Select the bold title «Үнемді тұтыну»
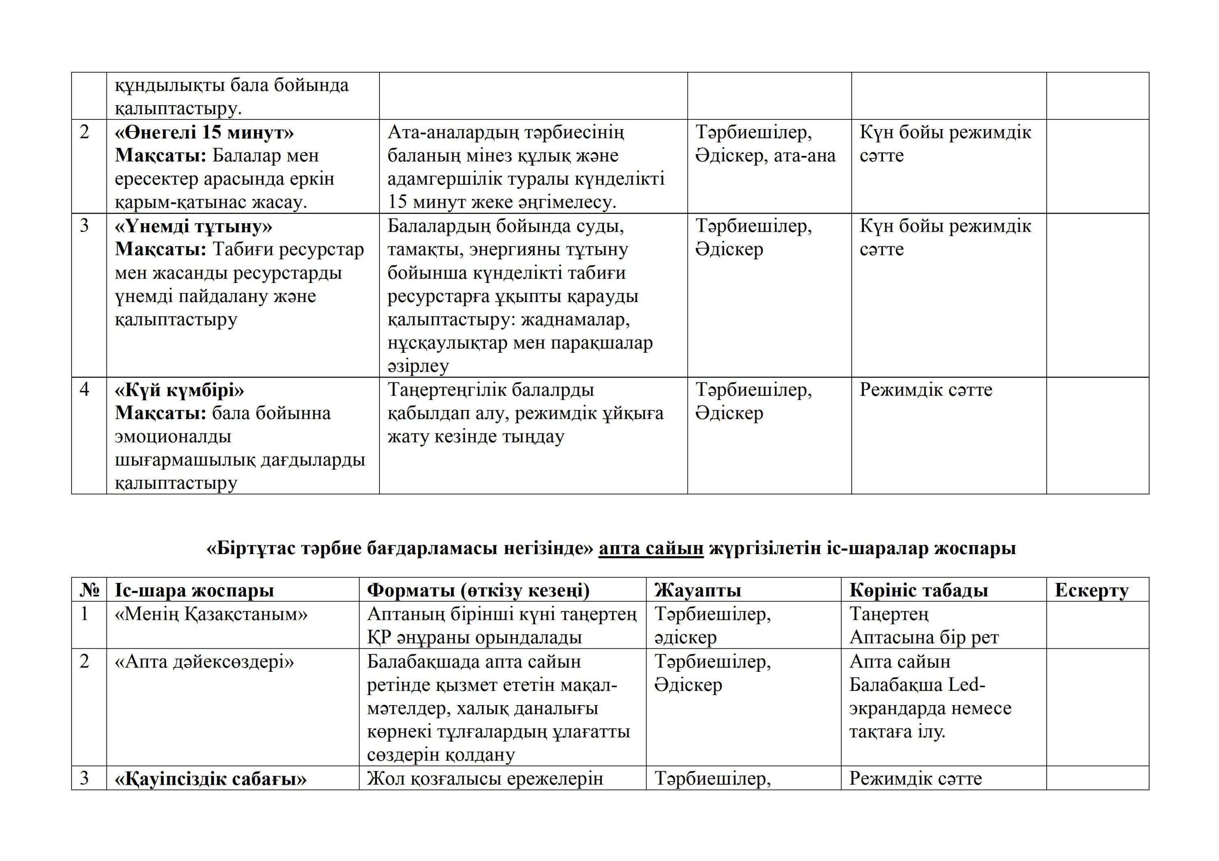coord(193,227)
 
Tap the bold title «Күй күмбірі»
coord(180,391)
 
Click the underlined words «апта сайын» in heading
coord(651,548)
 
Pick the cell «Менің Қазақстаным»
coord(211,614)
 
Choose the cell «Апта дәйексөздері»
coord(204,662)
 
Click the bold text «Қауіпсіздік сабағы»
coord(211,779)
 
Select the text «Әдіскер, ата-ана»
coord(765,155)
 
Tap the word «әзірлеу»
coord(419,366)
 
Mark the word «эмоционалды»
coord(173,437)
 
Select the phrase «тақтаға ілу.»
coord(897,732)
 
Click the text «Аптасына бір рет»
coord(924,637)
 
